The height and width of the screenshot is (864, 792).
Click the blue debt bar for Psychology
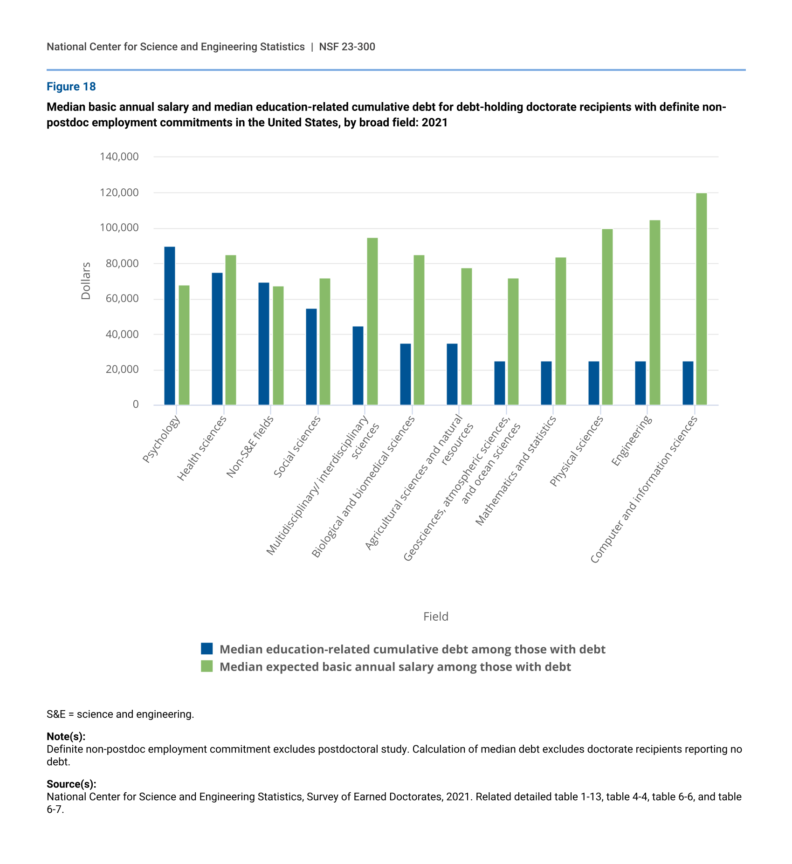click(170, 326)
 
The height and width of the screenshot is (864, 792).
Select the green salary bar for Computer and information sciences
click(701, 299)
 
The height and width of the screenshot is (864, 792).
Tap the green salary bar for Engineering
click(654, 312)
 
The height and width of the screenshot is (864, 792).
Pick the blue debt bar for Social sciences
click(311, 357)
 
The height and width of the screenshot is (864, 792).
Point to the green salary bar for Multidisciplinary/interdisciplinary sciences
click(372, 321)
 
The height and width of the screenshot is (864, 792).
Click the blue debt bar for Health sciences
click(217, 339)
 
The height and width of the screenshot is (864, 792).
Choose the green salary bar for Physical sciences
click(607, 317)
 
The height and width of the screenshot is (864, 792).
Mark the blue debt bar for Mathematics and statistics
click(546, 383)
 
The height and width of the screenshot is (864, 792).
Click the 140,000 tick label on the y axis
click(119, 157)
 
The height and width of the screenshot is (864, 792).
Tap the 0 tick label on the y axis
click(136, 405)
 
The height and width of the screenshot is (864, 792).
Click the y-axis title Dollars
click(86, 281)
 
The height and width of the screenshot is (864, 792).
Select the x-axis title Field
click(436, 617)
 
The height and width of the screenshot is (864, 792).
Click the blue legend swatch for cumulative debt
click(207, 649)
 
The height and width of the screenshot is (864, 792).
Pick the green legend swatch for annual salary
click(207, 666)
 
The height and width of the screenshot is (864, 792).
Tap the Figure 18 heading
click(71, 87)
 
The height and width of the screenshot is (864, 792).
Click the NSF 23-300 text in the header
click(347, 47)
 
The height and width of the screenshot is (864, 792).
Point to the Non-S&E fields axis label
click(250, 446)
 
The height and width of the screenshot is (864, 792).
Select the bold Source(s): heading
click(71, 784)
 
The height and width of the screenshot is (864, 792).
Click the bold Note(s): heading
click(66, 736)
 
